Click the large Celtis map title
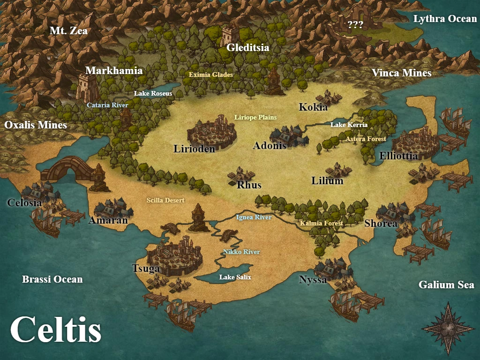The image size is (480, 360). tap(56, 329)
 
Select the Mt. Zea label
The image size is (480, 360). tap(69, 31)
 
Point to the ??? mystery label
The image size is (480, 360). tap(355, 25)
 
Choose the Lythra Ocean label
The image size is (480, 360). tap(445, 19)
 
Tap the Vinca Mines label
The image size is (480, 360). tap(401, 73)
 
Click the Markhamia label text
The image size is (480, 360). tap(114, 71)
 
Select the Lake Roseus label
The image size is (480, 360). tap(153, 93)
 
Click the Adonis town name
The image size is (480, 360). tap(270, 146)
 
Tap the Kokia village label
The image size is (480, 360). tap(313, 107)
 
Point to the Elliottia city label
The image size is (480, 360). tap(398, 156)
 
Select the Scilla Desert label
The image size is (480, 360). tap(165, 200)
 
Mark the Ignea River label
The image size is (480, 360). tap(254, 217)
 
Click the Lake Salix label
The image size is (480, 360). tap(235, 277)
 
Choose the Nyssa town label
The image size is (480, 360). tap(313, 280)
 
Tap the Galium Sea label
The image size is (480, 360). tap(446, 285)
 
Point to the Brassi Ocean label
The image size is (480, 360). tap(52, 279)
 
